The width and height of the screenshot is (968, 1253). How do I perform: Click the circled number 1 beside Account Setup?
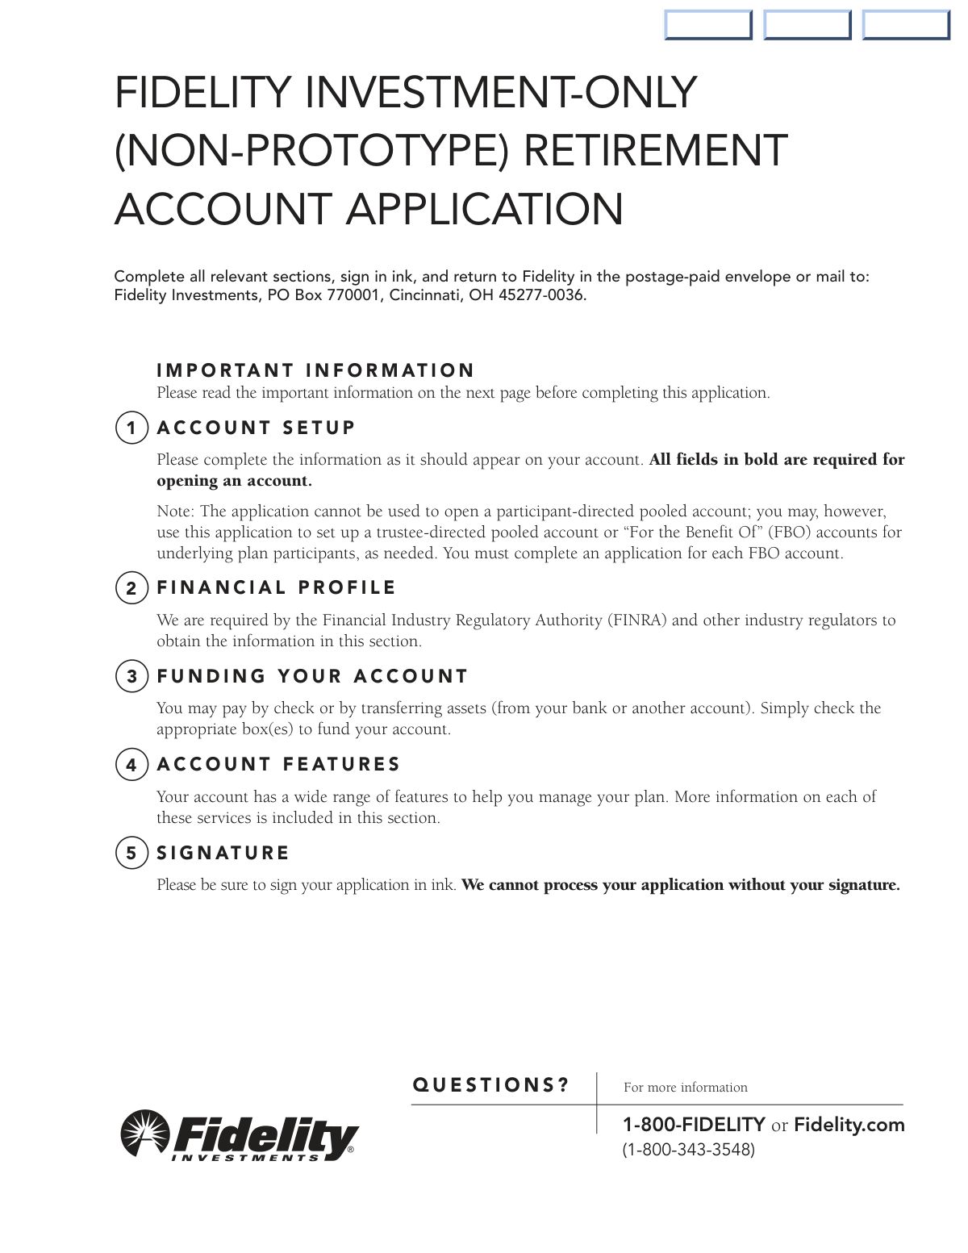click(131, 428)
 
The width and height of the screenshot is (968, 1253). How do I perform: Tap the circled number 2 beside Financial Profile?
click(131, 588)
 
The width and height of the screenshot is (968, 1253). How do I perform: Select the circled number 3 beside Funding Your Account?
click(131, 676)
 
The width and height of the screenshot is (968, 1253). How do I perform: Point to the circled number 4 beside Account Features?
click(131, 765)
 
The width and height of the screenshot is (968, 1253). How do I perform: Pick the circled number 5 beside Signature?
click(131, 853)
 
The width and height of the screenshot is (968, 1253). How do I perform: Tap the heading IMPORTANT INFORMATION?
click(315, 370)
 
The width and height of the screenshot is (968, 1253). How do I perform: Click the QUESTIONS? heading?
click(490, 1085)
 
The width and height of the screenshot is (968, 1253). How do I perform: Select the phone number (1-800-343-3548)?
click(688, 1150)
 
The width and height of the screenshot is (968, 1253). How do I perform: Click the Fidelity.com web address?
click(849, 1125)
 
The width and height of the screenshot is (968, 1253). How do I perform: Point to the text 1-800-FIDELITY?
click(694, 1125)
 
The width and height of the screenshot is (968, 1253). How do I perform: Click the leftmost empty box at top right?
click(708, 24)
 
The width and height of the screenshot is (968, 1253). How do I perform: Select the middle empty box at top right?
click(807, 24)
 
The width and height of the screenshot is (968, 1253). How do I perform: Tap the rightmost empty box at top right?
click(906, 24)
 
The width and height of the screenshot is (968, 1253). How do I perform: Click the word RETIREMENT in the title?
click(655, 151)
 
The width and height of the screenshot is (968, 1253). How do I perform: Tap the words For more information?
click(685, 1088)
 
